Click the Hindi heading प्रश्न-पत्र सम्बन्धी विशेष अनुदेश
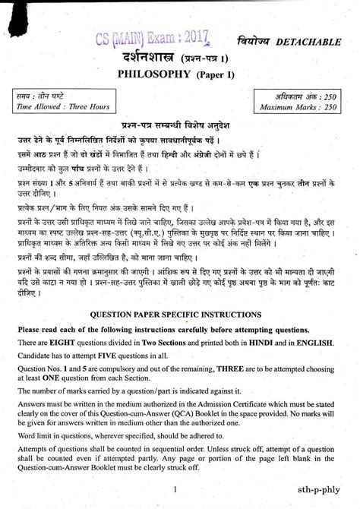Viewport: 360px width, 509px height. click(179, 125)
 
